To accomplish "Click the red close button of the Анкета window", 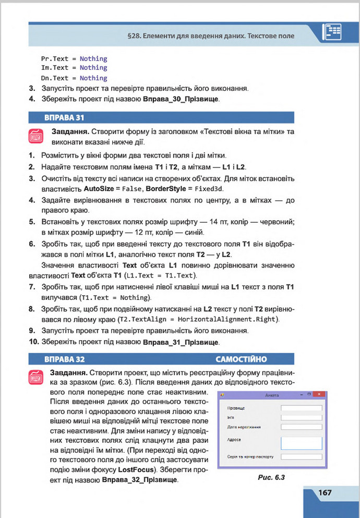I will [x=321, y=395].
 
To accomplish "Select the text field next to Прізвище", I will [x=301, y=408].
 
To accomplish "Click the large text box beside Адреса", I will [x=301, y=443].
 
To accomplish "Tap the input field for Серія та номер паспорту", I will [x=301, y=457].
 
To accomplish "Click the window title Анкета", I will [x=272, y=395].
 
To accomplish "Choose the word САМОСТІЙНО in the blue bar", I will [x=241, y=359].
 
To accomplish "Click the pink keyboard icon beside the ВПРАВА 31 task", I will [x=36, y=136].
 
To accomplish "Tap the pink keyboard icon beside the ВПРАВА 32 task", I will [x=36, y=378].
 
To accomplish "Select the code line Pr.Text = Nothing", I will [x=74, y=58].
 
